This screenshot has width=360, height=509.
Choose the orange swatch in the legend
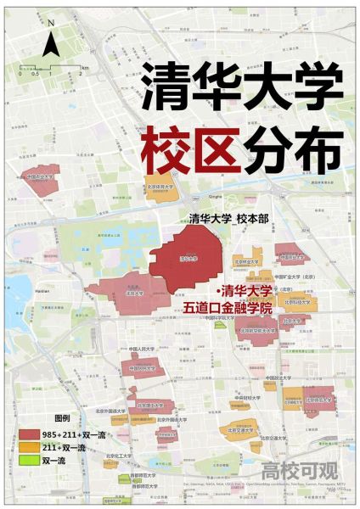29,447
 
